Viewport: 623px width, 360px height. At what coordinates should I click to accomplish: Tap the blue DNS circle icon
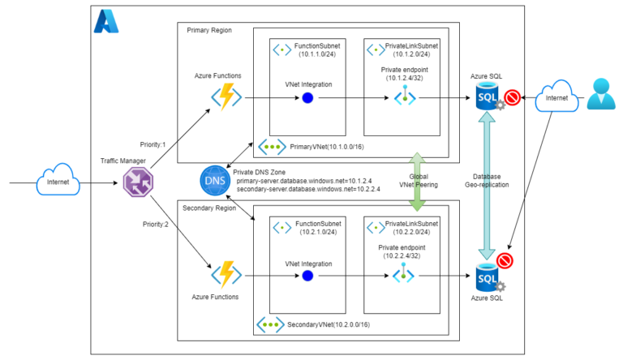(x=214, y=178)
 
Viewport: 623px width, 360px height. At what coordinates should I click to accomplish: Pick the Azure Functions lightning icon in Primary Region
(x=226, y=98)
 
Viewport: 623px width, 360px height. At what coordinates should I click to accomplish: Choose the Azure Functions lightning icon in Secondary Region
(x=226, y=275)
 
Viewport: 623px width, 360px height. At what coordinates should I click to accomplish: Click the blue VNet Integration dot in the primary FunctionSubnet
(x=307, y=98)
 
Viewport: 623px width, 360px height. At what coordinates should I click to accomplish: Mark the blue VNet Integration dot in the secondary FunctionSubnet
(x=307, y=275)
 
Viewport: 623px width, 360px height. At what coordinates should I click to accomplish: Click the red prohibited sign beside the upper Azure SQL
(x=512, y=99)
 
